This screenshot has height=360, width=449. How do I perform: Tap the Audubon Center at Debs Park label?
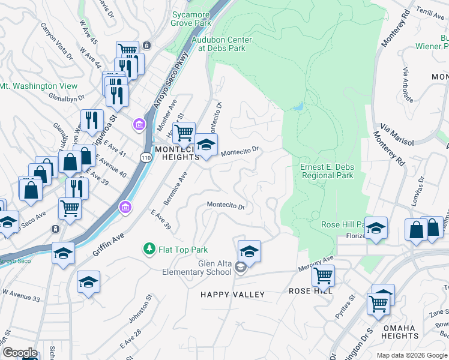[221, 44]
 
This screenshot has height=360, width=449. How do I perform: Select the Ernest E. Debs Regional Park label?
[327, 171]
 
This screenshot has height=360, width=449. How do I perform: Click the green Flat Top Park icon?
[148, 248]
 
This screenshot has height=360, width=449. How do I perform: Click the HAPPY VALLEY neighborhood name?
[232, 294]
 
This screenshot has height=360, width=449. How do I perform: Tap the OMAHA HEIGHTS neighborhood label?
[400, 332]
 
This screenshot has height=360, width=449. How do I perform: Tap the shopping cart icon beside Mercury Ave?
[323, 276]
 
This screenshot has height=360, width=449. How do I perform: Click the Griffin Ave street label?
[108, 245]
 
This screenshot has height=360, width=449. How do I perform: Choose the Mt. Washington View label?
[38, 86]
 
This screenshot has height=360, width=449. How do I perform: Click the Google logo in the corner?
[20, 353]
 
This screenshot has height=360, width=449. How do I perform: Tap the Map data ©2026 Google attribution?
[412, 355]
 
